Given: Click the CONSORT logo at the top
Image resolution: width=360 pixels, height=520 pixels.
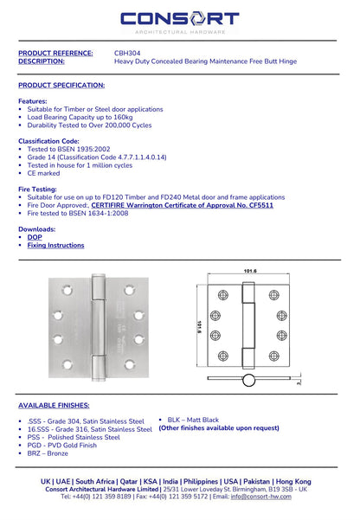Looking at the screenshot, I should (179, 20).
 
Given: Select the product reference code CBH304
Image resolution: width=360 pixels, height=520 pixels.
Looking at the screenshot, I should (127, 53).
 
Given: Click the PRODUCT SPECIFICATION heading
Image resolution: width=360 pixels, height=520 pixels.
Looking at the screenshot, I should (61, 85).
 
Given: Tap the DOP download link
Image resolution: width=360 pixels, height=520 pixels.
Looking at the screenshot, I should (35, 236).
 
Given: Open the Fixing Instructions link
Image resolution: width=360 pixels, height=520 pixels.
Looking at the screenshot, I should (55, 246).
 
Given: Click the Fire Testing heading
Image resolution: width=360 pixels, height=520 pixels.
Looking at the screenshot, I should (42, 188).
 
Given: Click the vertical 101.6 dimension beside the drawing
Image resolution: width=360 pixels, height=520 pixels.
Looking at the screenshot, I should (199, 330).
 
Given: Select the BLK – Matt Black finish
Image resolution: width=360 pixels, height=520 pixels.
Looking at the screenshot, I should (193, 420).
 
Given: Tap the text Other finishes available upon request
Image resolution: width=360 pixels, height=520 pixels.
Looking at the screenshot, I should (219, 427).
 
